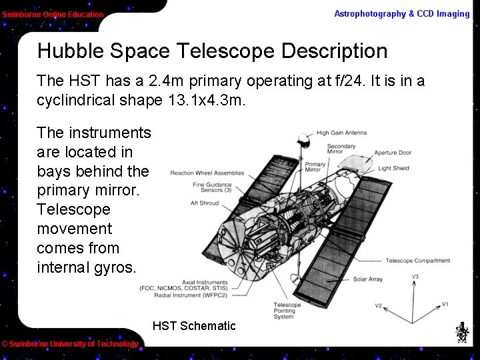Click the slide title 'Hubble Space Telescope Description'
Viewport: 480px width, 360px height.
click(x=212, y=51)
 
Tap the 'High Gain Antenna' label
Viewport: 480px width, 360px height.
click(x=341, y=133)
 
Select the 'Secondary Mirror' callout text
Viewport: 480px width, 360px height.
click(x=341, y=149)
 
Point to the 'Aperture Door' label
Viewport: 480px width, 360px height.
click(x=393, y=153)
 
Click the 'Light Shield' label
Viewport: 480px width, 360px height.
click(x=393, y=169)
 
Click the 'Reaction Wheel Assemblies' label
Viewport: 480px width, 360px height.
click(x=207, y=173)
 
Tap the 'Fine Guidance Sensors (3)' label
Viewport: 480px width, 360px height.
click(x=212, y=188)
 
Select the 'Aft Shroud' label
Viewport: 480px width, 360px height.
click(x=204, y=203)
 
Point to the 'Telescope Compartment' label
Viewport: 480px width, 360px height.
click(x=417, y=261)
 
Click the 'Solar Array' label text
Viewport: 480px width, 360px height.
click(x=367, y=279)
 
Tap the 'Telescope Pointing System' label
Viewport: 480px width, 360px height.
click(x=287, y=311)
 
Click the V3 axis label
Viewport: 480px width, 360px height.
click(x=415, y=277)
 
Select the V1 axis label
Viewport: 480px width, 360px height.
click(x=445, y=305)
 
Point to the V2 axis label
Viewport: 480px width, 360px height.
click(x=378, y=306)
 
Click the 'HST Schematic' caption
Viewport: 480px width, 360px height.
click(x=194, y=326)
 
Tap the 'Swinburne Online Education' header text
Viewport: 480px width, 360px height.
click(x=53, y=14)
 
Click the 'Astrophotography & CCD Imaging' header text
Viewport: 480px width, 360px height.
click(x=401, y=14)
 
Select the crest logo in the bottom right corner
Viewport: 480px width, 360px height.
click(x=461, y=332)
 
